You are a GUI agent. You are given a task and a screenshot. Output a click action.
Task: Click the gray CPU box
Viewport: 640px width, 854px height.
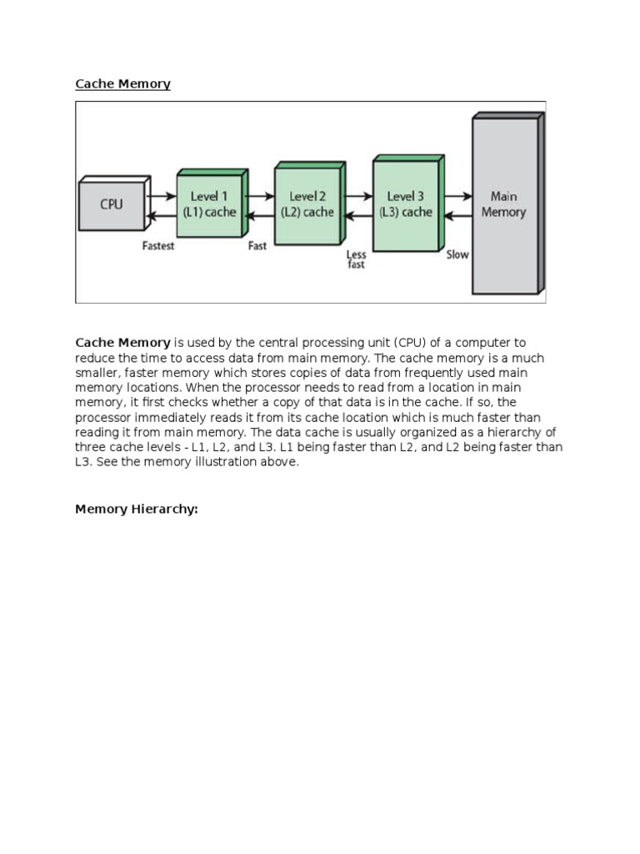click(112, 204)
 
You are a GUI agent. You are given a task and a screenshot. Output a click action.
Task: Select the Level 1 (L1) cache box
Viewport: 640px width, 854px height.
click(209, 204)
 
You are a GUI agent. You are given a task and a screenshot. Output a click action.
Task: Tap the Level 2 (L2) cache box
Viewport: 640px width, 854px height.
click(307, 204)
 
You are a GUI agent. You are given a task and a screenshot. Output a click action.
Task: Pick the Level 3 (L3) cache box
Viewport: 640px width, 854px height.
click(406, 204)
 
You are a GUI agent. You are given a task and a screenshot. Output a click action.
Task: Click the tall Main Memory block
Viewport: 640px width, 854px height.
click(504, 204)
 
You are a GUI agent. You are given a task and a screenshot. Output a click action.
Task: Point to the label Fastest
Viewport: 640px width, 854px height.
click(158, 247)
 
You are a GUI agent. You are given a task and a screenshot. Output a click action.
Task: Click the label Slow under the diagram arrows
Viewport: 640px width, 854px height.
click(457, 254)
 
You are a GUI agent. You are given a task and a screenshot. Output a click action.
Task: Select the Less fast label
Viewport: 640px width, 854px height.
click(356, 260)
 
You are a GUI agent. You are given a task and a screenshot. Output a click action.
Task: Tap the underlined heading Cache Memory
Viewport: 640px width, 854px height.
click(122, 84)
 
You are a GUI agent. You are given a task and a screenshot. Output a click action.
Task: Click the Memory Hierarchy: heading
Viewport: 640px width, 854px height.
click(137, 509)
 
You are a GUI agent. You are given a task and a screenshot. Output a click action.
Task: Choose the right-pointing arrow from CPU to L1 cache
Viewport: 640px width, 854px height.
click(162, 196)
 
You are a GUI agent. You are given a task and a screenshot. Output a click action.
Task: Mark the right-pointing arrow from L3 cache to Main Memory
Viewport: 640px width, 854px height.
click(457, 196)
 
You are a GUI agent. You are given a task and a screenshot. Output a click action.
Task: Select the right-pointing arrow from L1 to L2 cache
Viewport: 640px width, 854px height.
click(260, 196)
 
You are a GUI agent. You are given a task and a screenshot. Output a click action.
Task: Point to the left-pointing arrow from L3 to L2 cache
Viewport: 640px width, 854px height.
click(358, 215)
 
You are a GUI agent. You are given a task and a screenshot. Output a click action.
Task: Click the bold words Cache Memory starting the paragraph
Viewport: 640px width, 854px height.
click(122, 343)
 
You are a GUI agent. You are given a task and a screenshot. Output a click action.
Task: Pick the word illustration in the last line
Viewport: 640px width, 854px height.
click(218, 462)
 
